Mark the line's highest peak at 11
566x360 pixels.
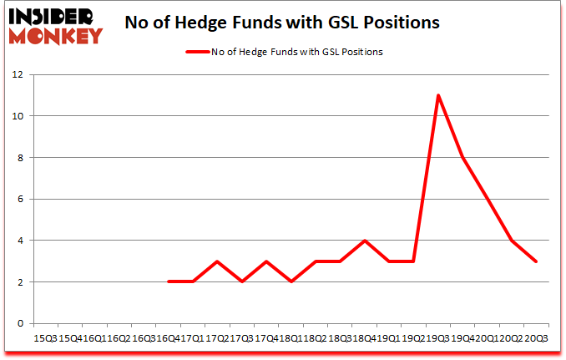point(438,95)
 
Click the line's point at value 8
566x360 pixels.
point(462,157)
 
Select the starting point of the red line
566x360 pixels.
point(169,282)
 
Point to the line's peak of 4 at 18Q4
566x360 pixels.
point(364,241)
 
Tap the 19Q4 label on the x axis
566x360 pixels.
point(462,339)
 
